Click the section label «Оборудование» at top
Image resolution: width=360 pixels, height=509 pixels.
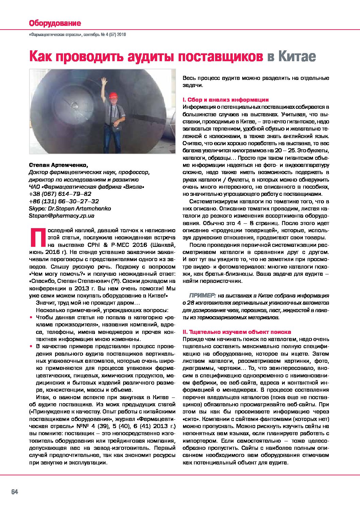pyautogui.click(x=55, y=23)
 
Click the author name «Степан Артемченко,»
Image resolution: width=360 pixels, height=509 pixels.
pyautogui.click(x=58, y=165)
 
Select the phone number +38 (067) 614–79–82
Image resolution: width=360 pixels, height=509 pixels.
pyautogui.click(x=60, y=194)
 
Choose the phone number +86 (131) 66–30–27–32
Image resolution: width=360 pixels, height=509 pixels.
pyautogui.click(x=64, y=201)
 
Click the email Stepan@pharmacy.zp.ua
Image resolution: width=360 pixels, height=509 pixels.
pyautogui.click(x=62, y=216)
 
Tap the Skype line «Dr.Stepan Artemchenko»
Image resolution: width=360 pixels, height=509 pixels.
pyautogui.click(x=70, y=208)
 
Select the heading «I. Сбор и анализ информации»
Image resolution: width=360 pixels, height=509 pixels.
pyautogui.click(x=226, y=100)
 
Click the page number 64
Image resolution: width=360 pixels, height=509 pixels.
pyautogui.click(x=15, y=492)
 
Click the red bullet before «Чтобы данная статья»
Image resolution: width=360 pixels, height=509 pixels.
pyautogui.click(x=32, y=318)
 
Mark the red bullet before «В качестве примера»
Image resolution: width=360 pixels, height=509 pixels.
pyautogui.click(x=32, y=346)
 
